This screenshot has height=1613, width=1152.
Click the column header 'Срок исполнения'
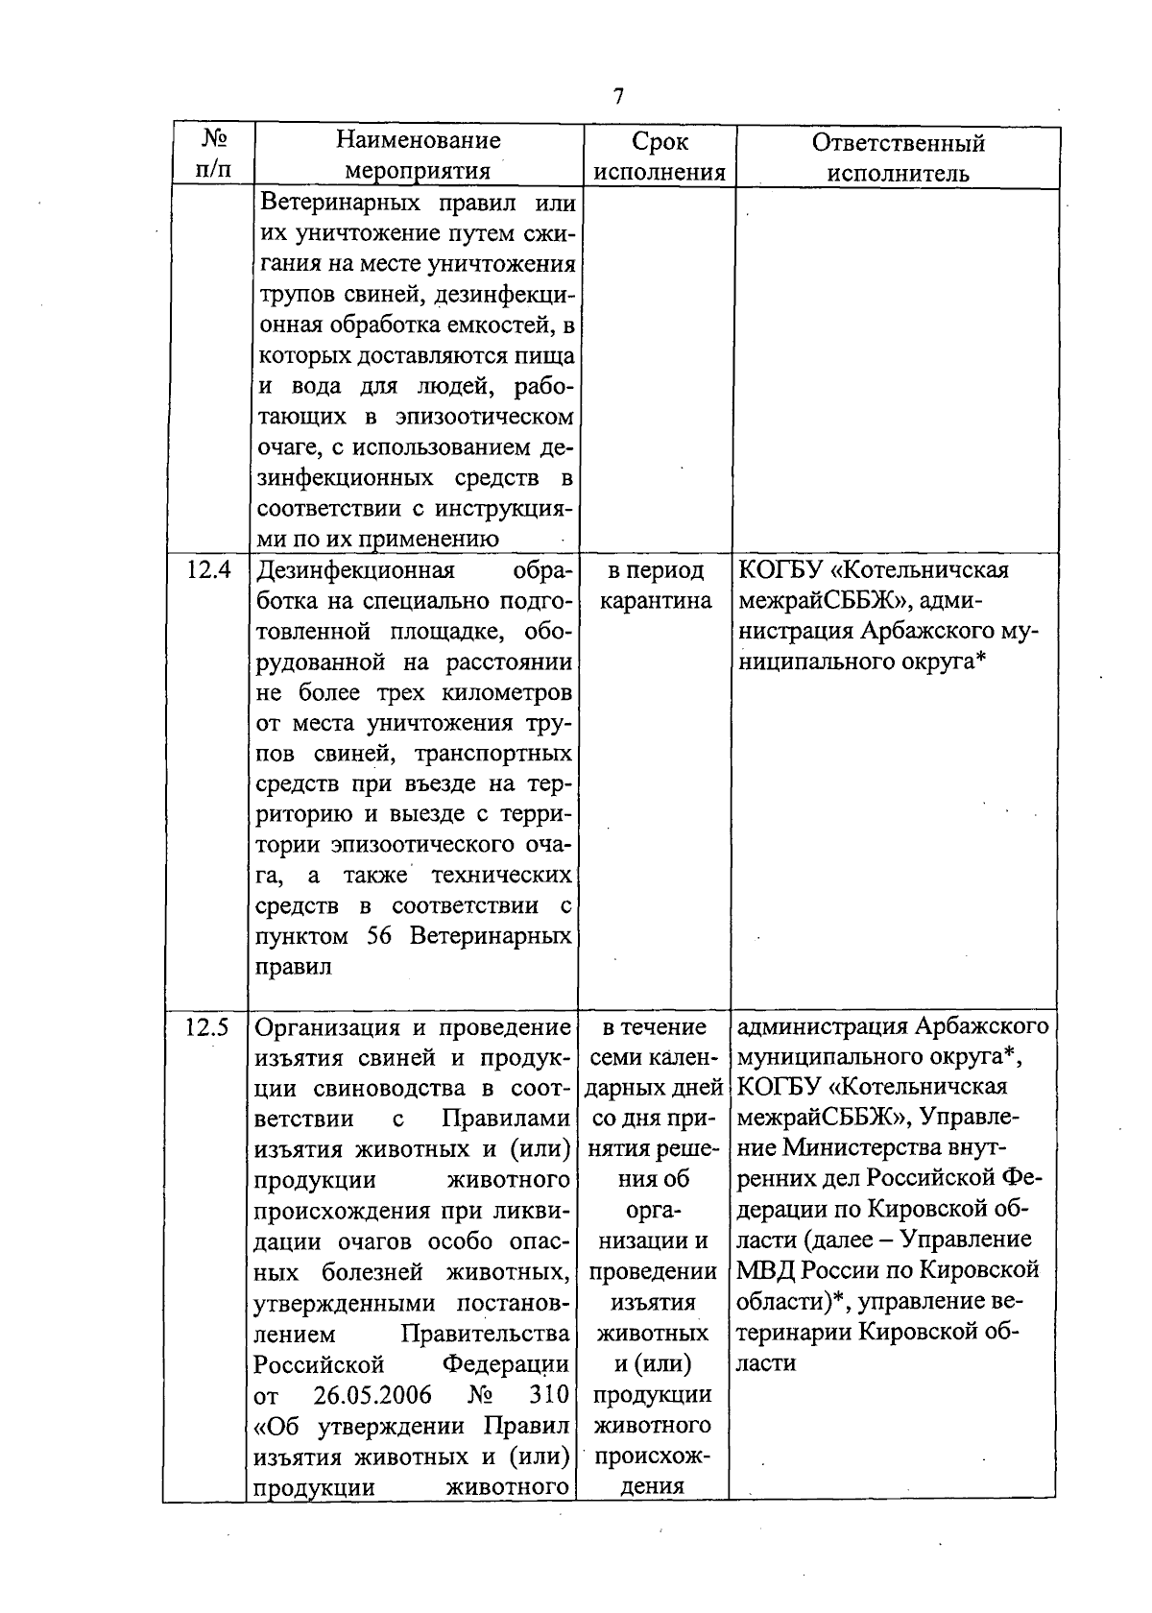pyautogui.click(x=660, y=156)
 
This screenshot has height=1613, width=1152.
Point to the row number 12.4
pyautogui.click(x=209, y=570)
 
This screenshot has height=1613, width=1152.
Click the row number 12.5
pyautogui.click(x=209, y=1027)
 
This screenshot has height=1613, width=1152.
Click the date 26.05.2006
pyautogui.click(x=373, y=1394)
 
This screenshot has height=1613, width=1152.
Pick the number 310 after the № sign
pyautogui.click(x=549, y=1394)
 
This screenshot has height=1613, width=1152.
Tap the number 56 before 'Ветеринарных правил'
pyautogui.click(x=379, y=935)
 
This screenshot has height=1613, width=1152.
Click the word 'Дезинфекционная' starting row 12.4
pyautogui.click(x=354, y=570)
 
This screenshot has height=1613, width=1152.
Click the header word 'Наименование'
pyautogui.click(x=419, y=141)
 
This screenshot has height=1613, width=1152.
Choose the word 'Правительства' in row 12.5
pyautogui.click(x=486, y=1334)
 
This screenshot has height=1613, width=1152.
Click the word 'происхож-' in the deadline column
pyautogui.click(x=653, y=1456)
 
